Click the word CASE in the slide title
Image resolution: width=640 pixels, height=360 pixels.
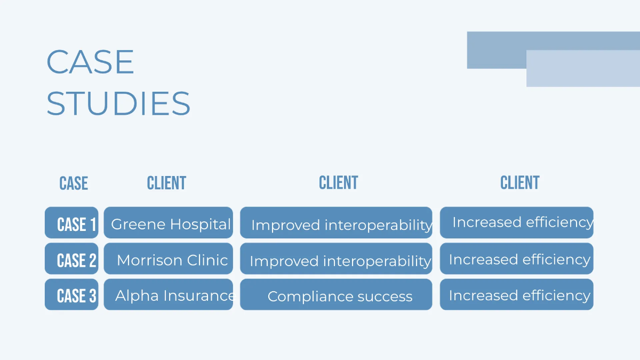90,62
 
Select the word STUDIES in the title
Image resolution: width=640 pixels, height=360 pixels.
118,103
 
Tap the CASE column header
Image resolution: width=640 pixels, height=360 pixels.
74,183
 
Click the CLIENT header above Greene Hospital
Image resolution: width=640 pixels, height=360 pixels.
166,183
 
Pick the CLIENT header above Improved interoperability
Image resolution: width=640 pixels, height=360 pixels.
338,183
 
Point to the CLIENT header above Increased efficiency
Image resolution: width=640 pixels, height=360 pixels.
519,183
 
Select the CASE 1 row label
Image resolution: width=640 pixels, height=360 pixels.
72,223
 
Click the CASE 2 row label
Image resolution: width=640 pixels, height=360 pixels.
72,259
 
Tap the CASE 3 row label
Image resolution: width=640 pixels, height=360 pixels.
72,294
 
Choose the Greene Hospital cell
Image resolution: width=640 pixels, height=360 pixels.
169,223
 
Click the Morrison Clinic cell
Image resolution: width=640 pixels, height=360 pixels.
169,259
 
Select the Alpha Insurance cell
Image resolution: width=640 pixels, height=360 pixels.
169,294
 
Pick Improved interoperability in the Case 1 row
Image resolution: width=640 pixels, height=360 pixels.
336,223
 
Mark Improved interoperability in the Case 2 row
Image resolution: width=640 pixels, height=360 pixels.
336,260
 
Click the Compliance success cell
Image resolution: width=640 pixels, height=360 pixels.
336,295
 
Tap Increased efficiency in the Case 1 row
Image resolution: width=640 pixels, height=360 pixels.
516,222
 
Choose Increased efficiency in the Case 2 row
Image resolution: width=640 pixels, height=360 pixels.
516,259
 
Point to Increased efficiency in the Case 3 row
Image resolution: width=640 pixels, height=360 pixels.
516,295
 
